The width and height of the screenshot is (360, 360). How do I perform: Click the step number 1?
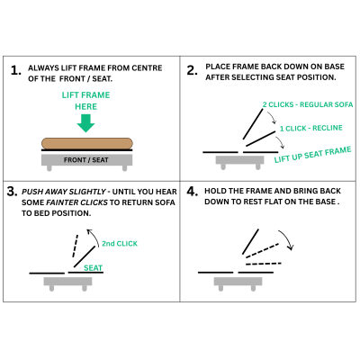pyautogui.click(x=15, y=69)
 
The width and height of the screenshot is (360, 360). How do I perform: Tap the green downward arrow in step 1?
pyautogui.click(x=85, y=121)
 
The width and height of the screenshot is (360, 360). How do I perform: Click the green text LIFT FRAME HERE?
pyautogui.click(x=85, y=100)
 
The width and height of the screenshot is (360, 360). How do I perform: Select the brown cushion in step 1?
pyautogui.click(x=87, y=142)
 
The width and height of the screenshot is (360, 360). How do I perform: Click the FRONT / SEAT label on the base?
pyautogui.click(x=87, y=159)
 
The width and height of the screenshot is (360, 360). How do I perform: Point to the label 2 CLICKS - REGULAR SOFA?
pyautogui.click(x=308, y=105)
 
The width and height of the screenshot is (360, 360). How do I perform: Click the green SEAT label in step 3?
pyautogui.click(x=93, y=267)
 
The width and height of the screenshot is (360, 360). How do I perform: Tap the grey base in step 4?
pyautogui.click(x=239, y=282)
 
